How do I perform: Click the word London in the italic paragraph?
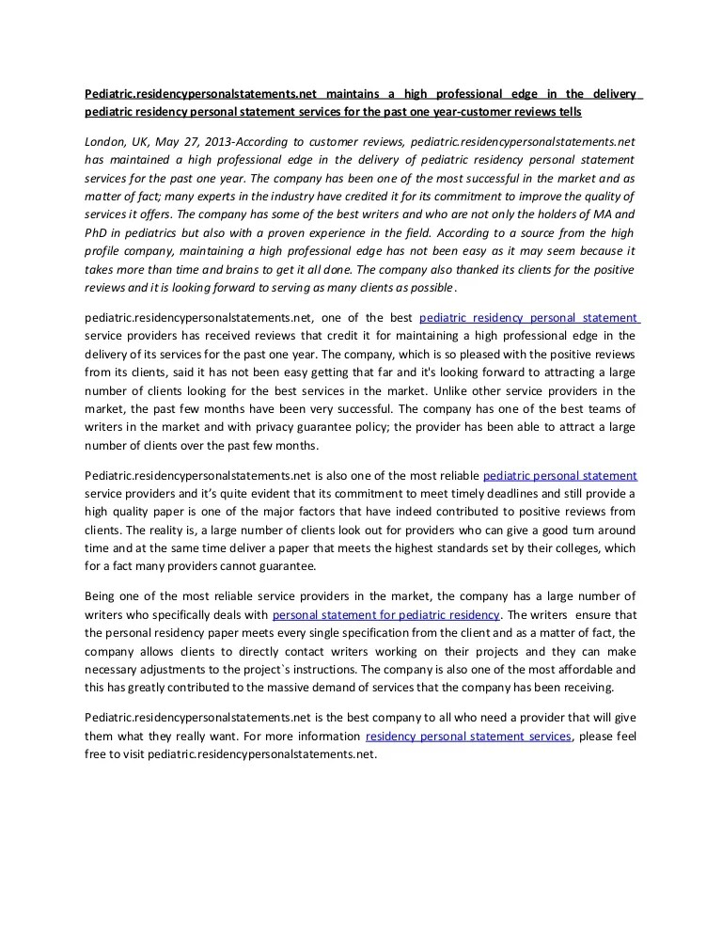click(x=104, y=140)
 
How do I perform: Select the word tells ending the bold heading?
click(x=568, y=112)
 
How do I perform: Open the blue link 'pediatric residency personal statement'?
click(x=528, y=318)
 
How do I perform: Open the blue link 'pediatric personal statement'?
click(x=559, y=476)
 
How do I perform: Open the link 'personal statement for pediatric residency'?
click(x=385, y=614)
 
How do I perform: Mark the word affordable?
click(x=573, y=669)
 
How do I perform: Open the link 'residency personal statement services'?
click(x=468, y=737)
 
